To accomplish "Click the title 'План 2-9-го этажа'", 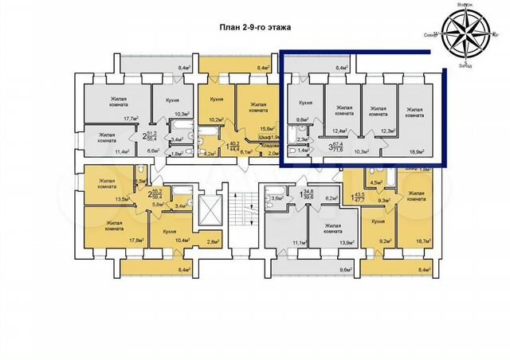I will click(255, 27).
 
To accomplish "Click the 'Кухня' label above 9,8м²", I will click(304, 104).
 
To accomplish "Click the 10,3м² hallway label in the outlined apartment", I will click(363, 149).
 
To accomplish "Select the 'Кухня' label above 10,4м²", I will click(169, 230).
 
